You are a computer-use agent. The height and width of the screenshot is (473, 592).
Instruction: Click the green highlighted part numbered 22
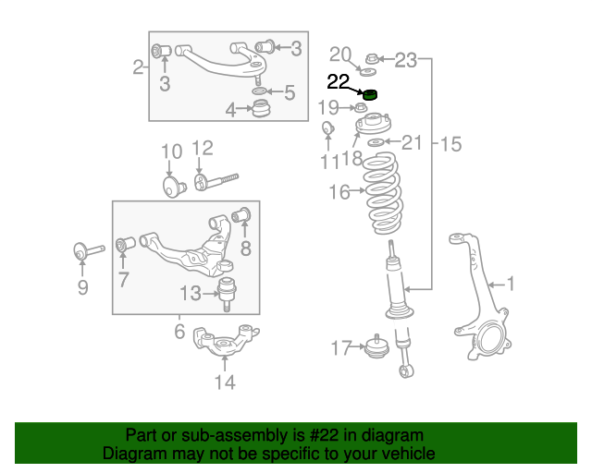372,92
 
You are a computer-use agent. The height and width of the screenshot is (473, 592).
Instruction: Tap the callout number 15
450,144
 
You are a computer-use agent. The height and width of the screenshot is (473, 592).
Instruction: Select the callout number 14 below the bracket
225,382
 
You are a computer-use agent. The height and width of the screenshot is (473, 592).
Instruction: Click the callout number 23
407,61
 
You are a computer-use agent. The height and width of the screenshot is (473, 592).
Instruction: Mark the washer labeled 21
376,142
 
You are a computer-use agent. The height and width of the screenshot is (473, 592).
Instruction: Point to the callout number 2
138,67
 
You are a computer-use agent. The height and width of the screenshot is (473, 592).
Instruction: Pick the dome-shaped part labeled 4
262,111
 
